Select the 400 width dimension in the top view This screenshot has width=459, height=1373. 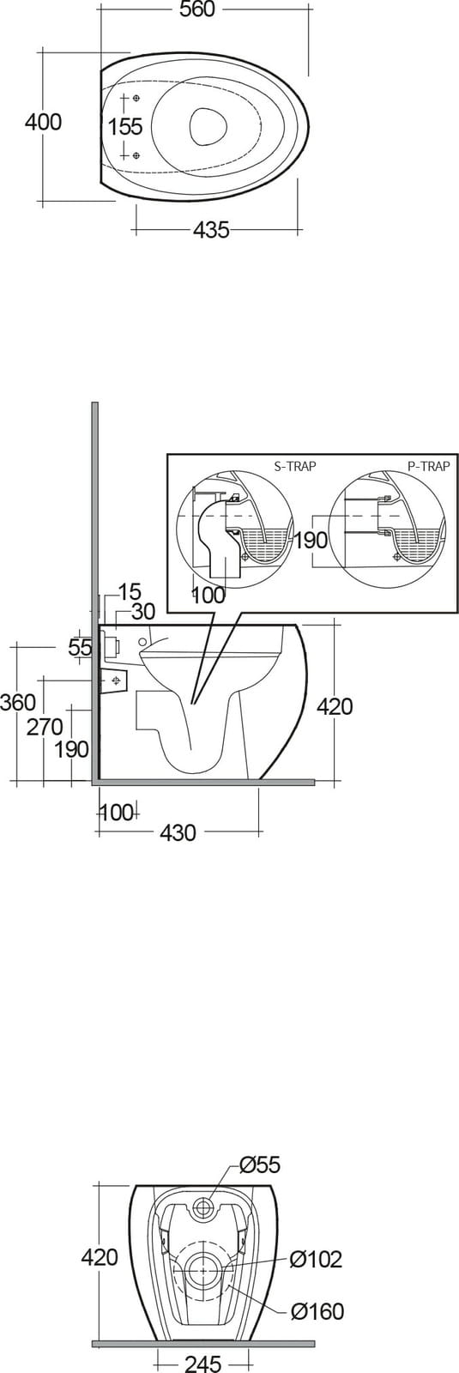coord(43,122)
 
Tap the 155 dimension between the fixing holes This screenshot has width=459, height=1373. coord(125,127)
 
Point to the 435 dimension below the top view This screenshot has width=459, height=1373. coord(211,230)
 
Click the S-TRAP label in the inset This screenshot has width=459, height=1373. coord(295,467)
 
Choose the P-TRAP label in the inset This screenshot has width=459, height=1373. coord(429,467)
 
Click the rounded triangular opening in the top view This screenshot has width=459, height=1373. coord(203,126)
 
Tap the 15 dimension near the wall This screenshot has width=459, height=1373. coord(130,592)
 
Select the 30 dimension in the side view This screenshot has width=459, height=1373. coord(142,611)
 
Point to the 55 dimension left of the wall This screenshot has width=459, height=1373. coord(80,647)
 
